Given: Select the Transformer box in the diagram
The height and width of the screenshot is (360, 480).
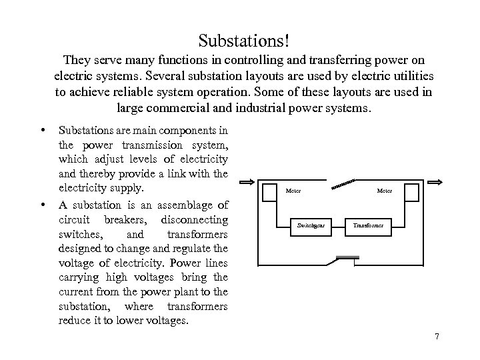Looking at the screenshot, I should pos(369,225).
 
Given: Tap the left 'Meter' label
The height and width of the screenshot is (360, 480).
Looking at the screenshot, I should pos(293,191).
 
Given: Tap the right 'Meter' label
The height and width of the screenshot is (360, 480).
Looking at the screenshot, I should pos(385,191).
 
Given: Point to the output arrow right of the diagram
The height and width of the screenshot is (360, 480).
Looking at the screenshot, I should pos(437,182).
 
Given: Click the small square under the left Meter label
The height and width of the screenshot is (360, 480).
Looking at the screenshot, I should pos(265,191).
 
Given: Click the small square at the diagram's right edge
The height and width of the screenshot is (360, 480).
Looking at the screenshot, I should pos(413,191).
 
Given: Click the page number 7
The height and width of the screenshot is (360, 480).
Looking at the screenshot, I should pos(437,337).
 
